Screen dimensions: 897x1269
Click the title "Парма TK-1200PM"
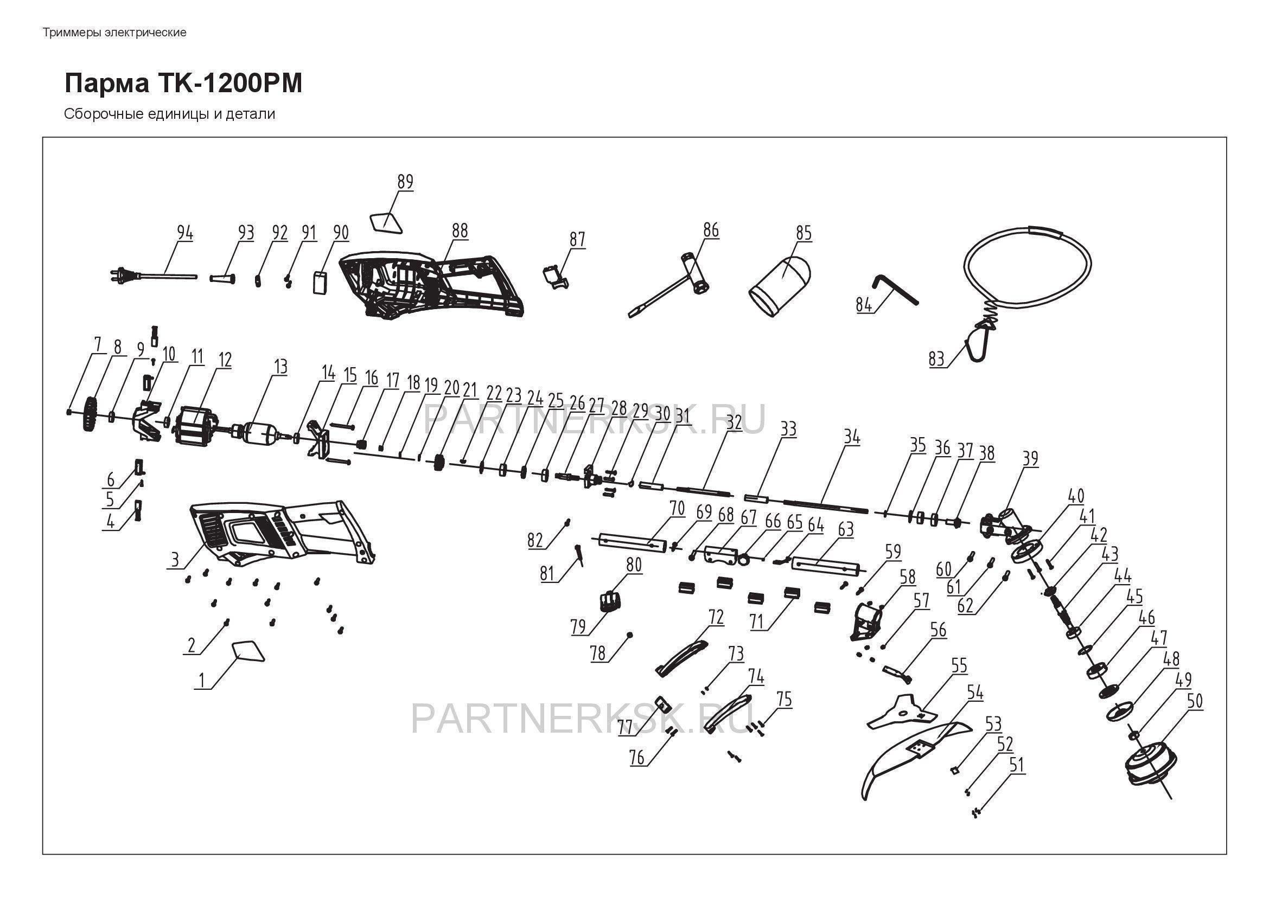pyautogui.click(x=183, y=84)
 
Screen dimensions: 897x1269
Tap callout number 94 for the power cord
pyautogui.click(x=185, y=233)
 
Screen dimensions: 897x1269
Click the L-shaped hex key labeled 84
pyautogui.click(x=895, y=290)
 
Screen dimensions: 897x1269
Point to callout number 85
pyautogui.click(x=804, y=233)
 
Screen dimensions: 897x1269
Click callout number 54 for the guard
pyautogui.click(x=975, y=693)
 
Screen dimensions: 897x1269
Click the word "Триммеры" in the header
pyautogui.click(x=72, y=33)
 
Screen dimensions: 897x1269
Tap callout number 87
pyautogui.click(x=577, y=239)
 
